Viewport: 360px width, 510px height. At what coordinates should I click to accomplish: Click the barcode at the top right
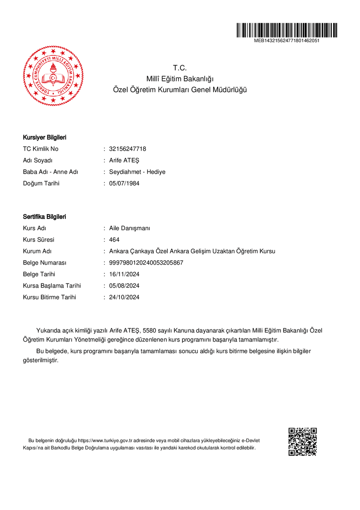click(x=287, y=30)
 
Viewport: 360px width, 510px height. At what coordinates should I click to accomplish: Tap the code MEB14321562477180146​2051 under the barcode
click(x=287, y=40)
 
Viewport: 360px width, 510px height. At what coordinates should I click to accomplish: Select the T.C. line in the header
click(x=180, y=68)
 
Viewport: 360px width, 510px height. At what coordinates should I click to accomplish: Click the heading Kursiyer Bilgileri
click(x=44, y=138)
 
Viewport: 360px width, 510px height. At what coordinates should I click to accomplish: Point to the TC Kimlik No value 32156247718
click(x=127, y=149)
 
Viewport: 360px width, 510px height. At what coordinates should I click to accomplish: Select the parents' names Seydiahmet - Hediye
click(x=137, y=172)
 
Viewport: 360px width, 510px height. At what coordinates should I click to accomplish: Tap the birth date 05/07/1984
click(x=124, y=183)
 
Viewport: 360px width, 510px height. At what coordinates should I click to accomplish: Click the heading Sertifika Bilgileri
click(x=44, y=217)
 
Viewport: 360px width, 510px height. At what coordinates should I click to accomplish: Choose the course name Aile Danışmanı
click(x=130, y=228)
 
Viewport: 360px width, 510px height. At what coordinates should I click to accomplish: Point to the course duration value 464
click(x=114, y=240)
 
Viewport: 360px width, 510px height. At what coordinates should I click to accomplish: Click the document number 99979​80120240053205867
click(x=146, y=263)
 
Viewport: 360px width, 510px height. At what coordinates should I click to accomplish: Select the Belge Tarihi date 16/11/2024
click(x=124, y=274)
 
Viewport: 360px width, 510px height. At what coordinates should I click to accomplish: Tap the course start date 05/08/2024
click(x=124, y=286)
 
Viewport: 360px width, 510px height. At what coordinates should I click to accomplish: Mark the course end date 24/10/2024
click(x=124, y=297)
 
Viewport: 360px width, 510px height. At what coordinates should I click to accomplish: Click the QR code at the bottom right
click(x=303, y=442)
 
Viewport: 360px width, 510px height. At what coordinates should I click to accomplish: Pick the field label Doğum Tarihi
click(x=41, y=183)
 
